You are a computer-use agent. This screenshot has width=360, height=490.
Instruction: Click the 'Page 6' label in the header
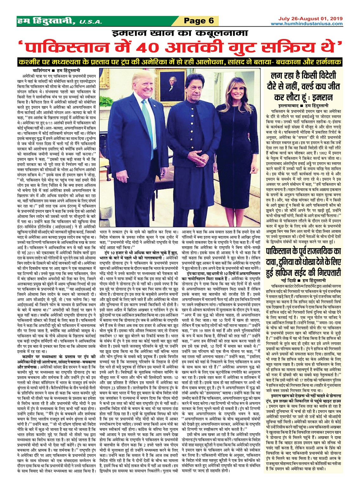coord(199,21)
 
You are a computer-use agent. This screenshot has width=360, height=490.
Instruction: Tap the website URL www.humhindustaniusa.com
coord(307,24)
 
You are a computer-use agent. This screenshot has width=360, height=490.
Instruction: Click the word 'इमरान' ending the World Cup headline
coord(322,97)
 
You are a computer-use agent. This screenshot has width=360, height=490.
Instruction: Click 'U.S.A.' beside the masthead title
coord(90,22)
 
